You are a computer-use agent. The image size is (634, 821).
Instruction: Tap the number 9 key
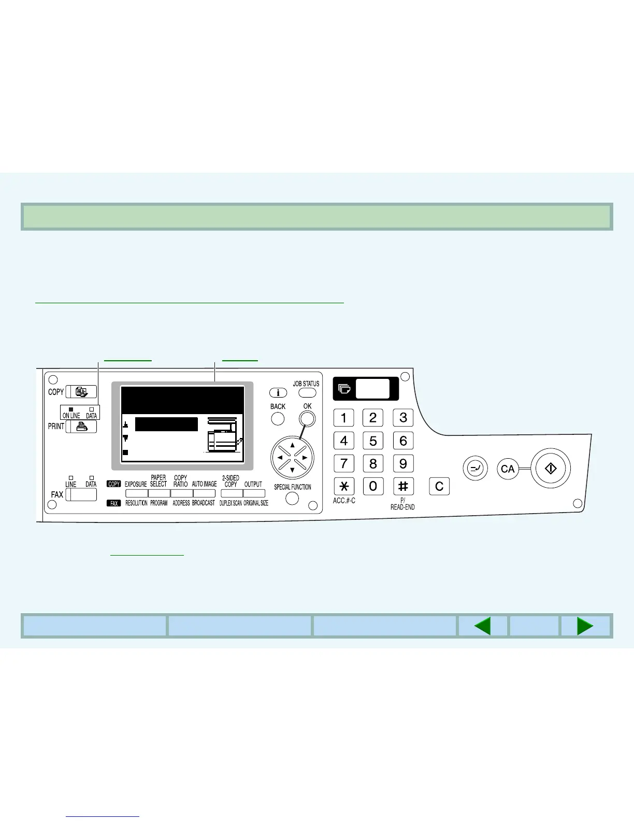[403, 463]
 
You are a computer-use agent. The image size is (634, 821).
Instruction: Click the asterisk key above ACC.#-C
[344, 487]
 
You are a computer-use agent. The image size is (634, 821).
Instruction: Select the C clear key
[439, 487]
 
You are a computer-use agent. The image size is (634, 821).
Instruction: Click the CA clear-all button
[508, 469]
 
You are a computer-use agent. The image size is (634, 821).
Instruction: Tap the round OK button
[307, 418]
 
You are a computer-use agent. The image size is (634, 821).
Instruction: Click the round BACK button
[278, 418]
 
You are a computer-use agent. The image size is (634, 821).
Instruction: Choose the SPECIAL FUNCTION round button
[293, 499]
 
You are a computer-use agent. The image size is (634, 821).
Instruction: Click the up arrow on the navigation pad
[293, 445]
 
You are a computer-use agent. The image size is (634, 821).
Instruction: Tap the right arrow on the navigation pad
[305, 458]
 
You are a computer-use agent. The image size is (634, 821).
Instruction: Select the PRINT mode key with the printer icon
[81, 427]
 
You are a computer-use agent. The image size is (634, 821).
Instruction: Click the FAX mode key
[81, 494]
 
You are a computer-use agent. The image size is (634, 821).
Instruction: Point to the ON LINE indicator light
[71, 409]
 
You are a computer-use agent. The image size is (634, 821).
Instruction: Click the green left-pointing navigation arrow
[482, 626]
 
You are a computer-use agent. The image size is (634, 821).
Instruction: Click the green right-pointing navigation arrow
[585, 626]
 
